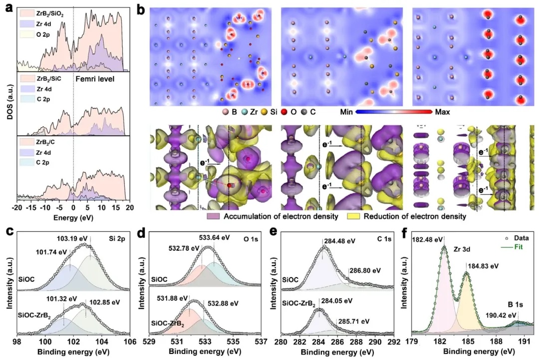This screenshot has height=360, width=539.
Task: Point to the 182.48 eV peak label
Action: point(428,239)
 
